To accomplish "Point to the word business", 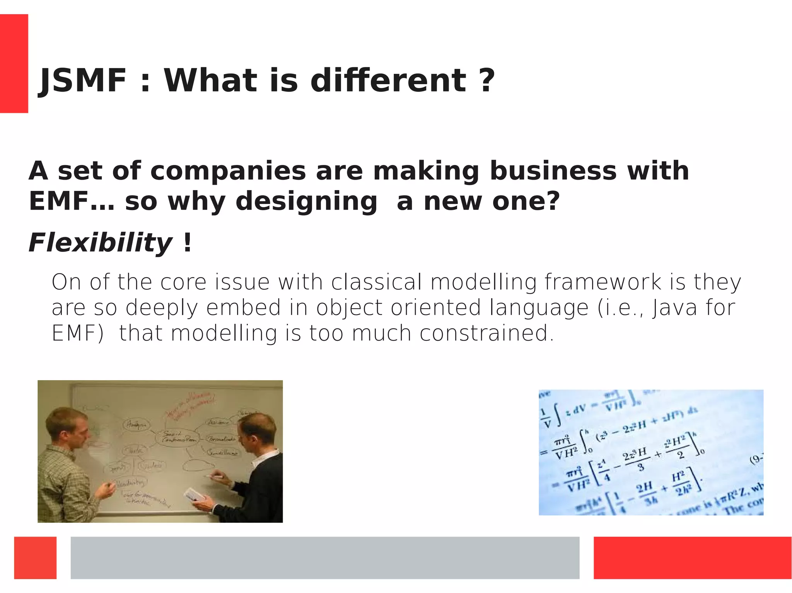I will pos(553,171).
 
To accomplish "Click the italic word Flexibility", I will pos(100,243).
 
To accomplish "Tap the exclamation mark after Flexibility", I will pos(188,243).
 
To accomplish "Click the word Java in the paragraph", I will pos(674,308).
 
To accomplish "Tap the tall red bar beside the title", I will pos(14,64).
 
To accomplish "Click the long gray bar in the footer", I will pos(325,557).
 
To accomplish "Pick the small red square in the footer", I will pos(35,557).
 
